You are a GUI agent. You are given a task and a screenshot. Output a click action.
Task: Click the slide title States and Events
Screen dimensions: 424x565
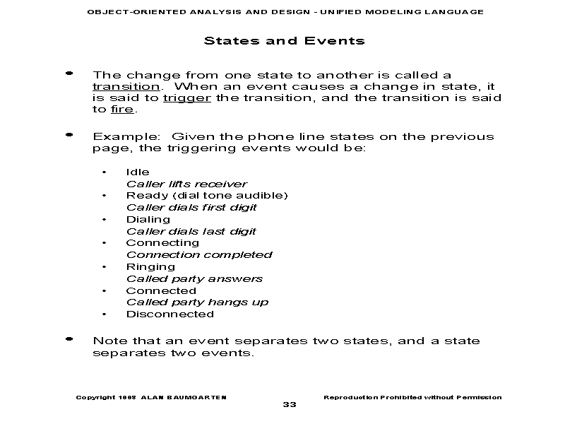pyautogui.click(x=284, y=40)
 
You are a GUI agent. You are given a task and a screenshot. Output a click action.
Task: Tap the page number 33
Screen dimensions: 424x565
pyautogui.click(x=290, y=404)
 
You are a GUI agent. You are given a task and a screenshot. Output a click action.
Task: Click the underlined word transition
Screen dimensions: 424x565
pyautogui.click(x=126, y=87)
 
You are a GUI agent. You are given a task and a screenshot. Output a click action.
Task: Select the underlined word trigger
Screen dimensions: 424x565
pyautogui.click(x=186, y=98)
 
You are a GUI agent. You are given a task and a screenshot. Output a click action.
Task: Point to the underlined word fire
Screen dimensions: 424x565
pyautogui.click(x=122, y=110)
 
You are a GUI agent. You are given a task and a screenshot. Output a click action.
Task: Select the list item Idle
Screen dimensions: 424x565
pyautogui.click(x=138, y=172)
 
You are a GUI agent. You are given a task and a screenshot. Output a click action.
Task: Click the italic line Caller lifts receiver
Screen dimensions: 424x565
pyautogui.click(x=186, y=184)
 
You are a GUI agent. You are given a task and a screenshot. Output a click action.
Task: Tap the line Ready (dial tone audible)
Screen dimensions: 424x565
pyautogui.click(x=207, y=195)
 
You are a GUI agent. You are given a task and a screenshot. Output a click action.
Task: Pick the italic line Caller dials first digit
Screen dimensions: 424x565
pyautogui.click(x=191, y=207)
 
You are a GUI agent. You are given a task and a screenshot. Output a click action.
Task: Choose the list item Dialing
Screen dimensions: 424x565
pyautogui.click(x=148, y=219)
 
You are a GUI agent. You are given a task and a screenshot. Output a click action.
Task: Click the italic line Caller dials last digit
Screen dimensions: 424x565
pyautogui.click(x=191, y=231)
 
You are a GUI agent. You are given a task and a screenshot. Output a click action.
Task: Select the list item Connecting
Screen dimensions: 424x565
pyautogui.click(x=162, y=243)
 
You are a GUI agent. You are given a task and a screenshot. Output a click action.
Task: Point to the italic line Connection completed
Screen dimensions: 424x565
pyautogui.click(x=199, y=254)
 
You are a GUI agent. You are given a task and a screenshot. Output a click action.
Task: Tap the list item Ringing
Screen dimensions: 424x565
pyautogui.click(x=150, y=266)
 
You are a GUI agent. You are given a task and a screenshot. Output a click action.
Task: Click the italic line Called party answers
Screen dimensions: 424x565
pyautogui.click(x=194, y=278)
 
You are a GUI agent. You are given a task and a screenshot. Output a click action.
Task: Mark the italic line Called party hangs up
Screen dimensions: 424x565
pyautogui.click(x=197, y=302)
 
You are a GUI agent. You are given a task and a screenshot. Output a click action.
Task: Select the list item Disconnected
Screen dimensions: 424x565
pyautogui.click(x=169, y=314)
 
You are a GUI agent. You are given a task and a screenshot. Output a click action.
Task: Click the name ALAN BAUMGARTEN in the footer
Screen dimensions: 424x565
pyautogui.click(x=184, y=397)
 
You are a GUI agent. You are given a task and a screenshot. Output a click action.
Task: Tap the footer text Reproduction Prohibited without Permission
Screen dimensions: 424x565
pyautogui.click(x=412, y=397)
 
